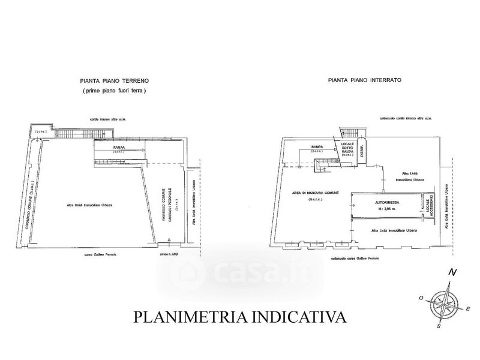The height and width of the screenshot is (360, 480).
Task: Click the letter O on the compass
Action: [422, 298]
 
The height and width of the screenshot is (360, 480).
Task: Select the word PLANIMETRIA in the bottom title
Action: [189, 316]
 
